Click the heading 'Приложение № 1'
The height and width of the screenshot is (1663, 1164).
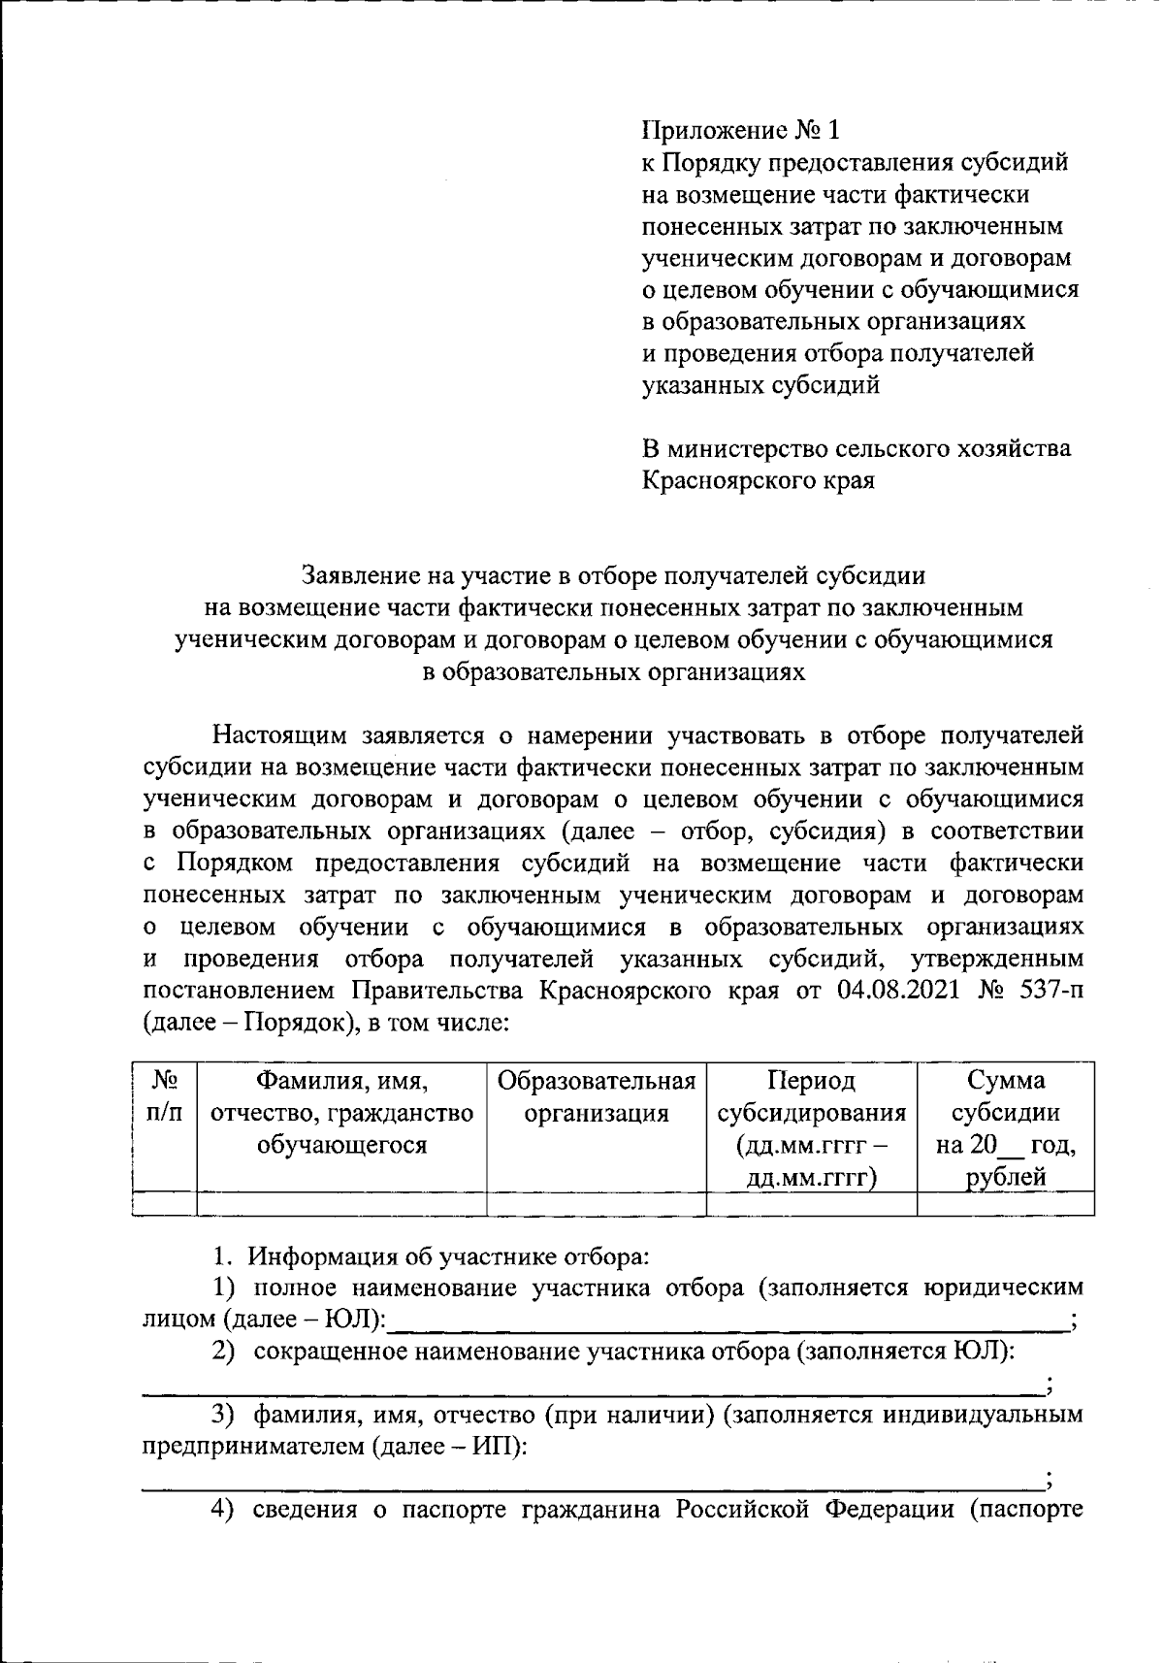pyautogui.click(x=743, y=130)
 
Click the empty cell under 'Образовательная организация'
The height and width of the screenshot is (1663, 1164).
pyautogui.click(x=597, y=1204)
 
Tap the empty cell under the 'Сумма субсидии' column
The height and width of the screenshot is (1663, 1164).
pyautogui.click(x=1005, y=1204)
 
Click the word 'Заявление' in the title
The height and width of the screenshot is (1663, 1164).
pyautogui.click(x=360, y=576)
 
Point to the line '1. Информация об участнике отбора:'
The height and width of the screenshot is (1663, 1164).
pyautogui.click(x=431, y=1256)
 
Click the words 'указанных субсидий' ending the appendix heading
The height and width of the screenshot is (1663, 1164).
pyautogui.click(x=761, y=385)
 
